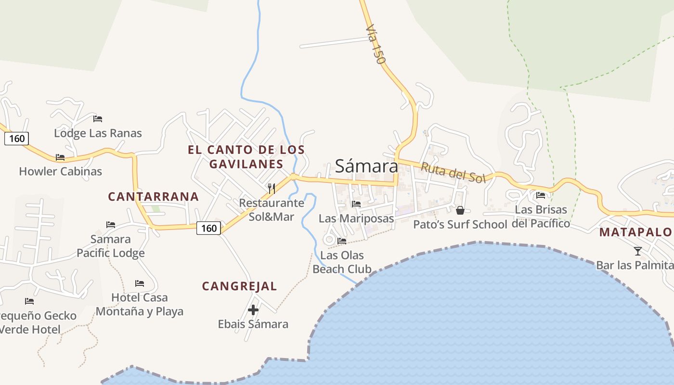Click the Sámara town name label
pos(366,166)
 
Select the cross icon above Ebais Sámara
pos(253,310)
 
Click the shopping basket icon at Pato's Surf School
pos(460,210)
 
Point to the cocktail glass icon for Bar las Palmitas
pos(638,251)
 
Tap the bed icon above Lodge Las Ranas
pos(98,118)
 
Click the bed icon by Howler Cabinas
pos(60,157)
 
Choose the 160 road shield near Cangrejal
pos(209,228)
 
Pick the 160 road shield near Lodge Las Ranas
pos(17,139)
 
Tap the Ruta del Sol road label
pos(453,172)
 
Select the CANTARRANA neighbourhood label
pos(153,196)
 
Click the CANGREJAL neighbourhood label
pos(239,286)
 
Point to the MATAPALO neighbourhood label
pos(635,232)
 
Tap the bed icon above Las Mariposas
pos(356,204)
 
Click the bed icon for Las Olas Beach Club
pos(342,241)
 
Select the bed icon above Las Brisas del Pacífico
pos(541,195)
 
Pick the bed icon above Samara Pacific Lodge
pos(111,224)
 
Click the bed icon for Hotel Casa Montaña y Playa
pos(140,283)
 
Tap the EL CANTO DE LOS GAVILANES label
pos(246,156)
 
